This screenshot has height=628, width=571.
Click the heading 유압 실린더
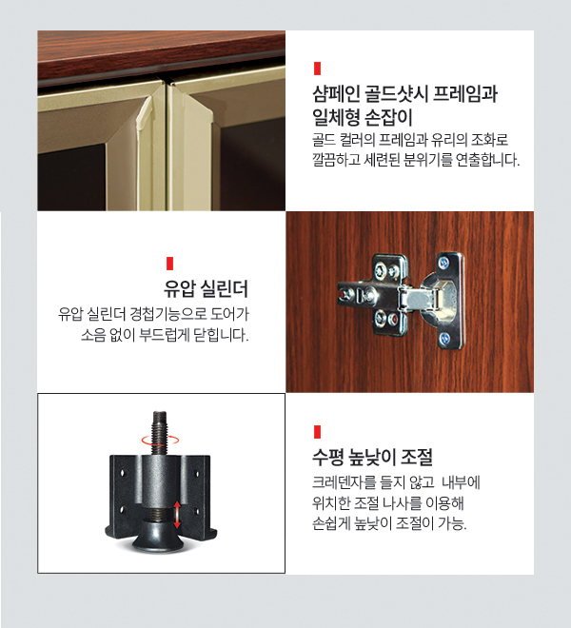206,288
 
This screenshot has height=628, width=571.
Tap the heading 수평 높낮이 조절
372,457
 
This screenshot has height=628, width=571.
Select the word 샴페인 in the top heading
336,94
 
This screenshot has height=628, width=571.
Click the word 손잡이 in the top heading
388,117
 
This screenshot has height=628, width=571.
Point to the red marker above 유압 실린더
170,264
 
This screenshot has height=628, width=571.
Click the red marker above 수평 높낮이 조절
317,432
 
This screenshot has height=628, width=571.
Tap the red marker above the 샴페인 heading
317,69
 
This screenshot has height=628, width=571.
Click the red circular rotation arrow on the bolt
160,440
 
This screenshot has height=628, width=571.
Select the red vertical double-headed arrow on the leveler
177,515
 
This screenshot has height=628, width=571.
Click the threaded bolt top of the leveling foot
160,433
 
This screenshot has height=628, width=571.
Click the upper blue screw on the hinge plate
443,263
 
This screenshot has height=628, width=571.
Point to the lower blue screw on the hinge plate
445,339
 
